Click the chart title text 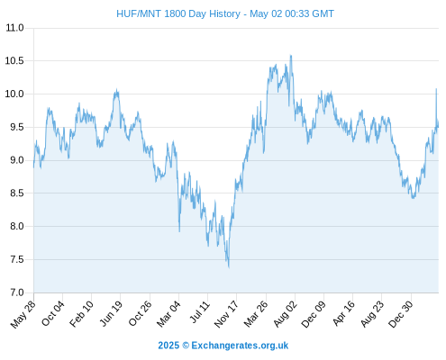(225, 13)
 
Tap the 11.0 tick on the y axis (14, 28)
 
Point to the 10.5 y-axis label (14, 61)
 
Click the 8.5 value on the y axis (17, 193)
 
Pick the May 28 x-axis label (23, 314)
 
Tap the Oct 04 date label (53, 313)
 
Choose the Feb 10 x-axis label (82, 314)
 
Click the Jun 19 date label (111, 313)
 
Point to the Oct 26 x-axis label (140, 313)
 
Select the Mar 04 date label (168, 314)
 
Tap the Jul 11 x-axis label (200, 312)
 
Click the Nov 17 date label (226, 314)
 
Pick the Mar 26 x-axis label (256, 314)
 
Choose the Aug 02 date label (286, 314)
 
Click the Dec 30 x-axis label (401, 314)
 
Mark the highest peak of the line (291, 56)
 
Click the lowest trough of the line (229, 267)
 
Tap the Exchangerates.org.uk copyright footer (223, 346)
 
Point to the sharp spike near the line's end (436, 89)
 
